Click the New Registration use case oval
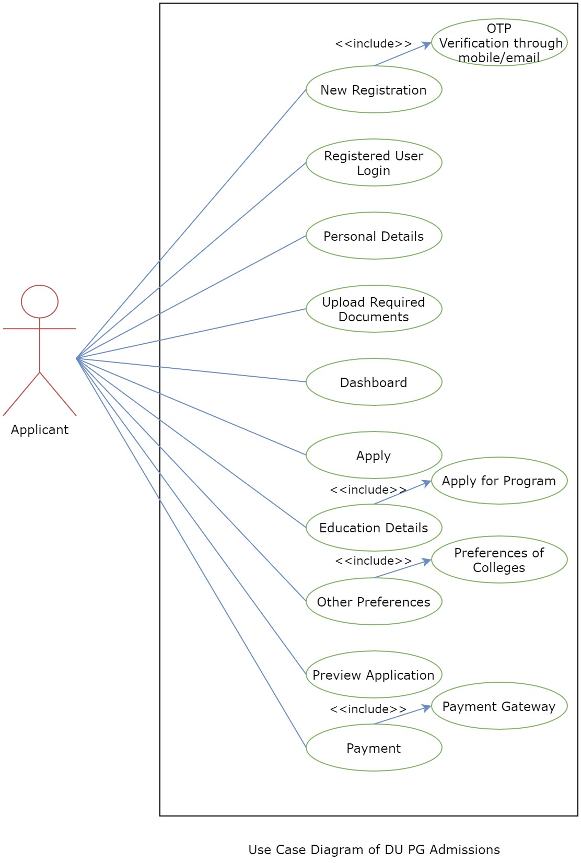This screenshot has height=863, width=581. (374, 90)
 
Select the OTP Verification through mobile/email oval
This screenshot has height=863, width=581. (499, 43)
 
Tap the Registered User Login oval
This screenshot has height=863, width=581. (374, 163)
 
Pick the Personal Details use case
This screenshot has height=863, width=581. (374, 236)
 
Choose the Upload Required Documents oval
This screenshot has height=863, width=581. (374, 309)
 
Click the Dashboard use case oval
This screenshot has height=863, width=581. (374, 382)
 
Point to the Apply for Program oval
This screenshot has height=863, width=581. (499, 481)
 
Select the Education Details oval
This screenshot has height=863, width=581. (374, 528)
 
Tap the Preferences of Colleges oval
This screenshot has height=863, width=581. (499, 560)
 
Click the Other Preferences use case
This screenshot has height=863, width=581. (374, 602)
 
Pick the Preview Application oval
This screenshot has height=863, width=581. (374, 675)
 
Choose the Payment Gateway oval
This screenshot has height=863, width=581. (499, 706)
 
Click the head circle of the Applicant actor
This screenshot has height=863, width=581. (40, 301)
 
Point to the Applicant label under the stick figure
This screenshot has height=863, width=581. (40, 430)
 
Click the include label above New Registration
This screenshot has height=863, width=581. (373, 44)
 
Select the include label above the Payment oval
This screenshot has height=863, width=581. (368, 709)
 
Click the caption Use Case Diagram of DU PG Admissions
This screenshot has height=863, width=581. (374, 850)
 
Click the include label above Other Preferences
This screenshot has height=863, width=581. (373, 561)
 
